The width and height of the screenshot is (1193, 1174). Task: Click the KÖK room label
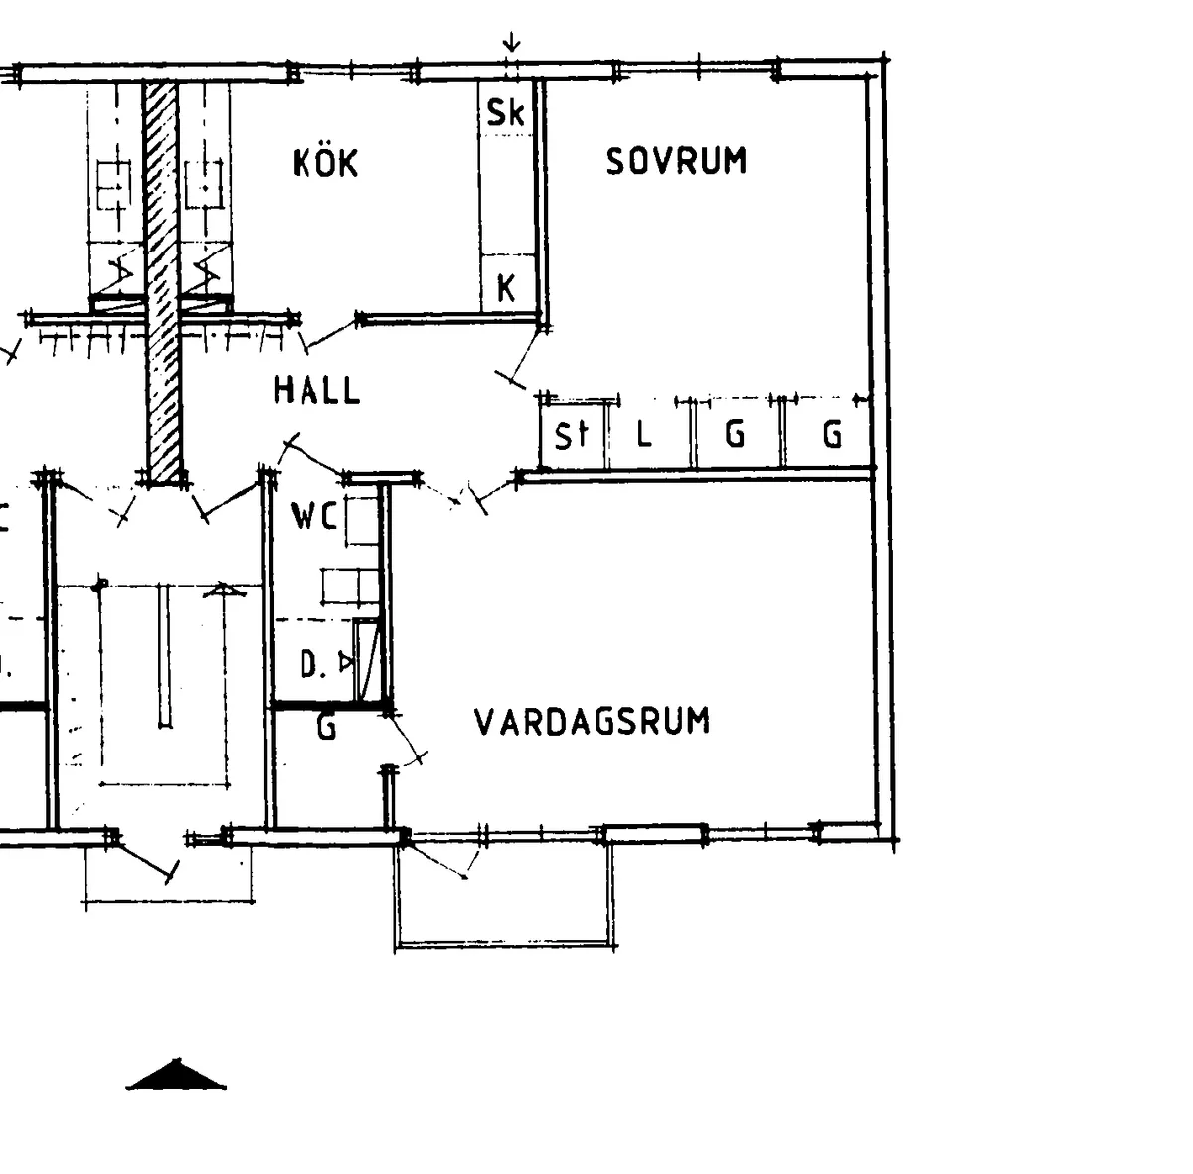[325, 163]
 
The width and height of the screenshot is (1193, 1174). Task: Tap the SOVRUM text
[676, 161]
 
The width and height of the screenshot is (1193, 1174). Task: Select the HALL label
[317, 390]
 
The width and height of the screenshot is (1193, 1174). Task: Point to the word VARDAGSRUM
[593, 721]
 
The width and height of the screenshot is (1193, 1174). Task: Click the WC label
[314, 516]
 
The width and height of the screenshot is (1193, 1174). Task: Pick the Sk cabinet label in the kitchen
[505, 113]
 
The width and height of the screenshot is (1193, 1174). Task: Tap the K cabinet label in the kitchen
[506, 289]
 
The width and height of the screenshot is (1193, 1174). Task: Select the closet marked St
[572, 435]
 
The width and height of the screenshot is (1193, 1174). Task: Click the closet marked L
[644, 434]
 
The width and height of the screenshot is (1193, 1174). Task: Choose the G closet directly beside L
[735, 434]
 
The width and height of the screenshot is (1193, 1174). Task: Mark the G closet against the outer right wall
[832, 434]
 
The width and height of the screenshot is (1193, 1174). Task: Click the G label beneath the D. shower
[326, 728]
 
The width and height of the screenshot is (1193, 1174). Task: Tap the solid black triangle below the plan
[177, 1077]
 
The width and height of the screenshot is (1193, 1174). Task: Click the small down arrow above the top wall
[511, 43]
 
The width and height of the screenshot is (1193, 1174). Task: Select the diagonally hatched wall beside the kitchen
[162, 278]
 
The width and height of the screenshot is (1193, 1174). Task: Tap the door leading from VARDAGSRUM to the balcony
[437, 858]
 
